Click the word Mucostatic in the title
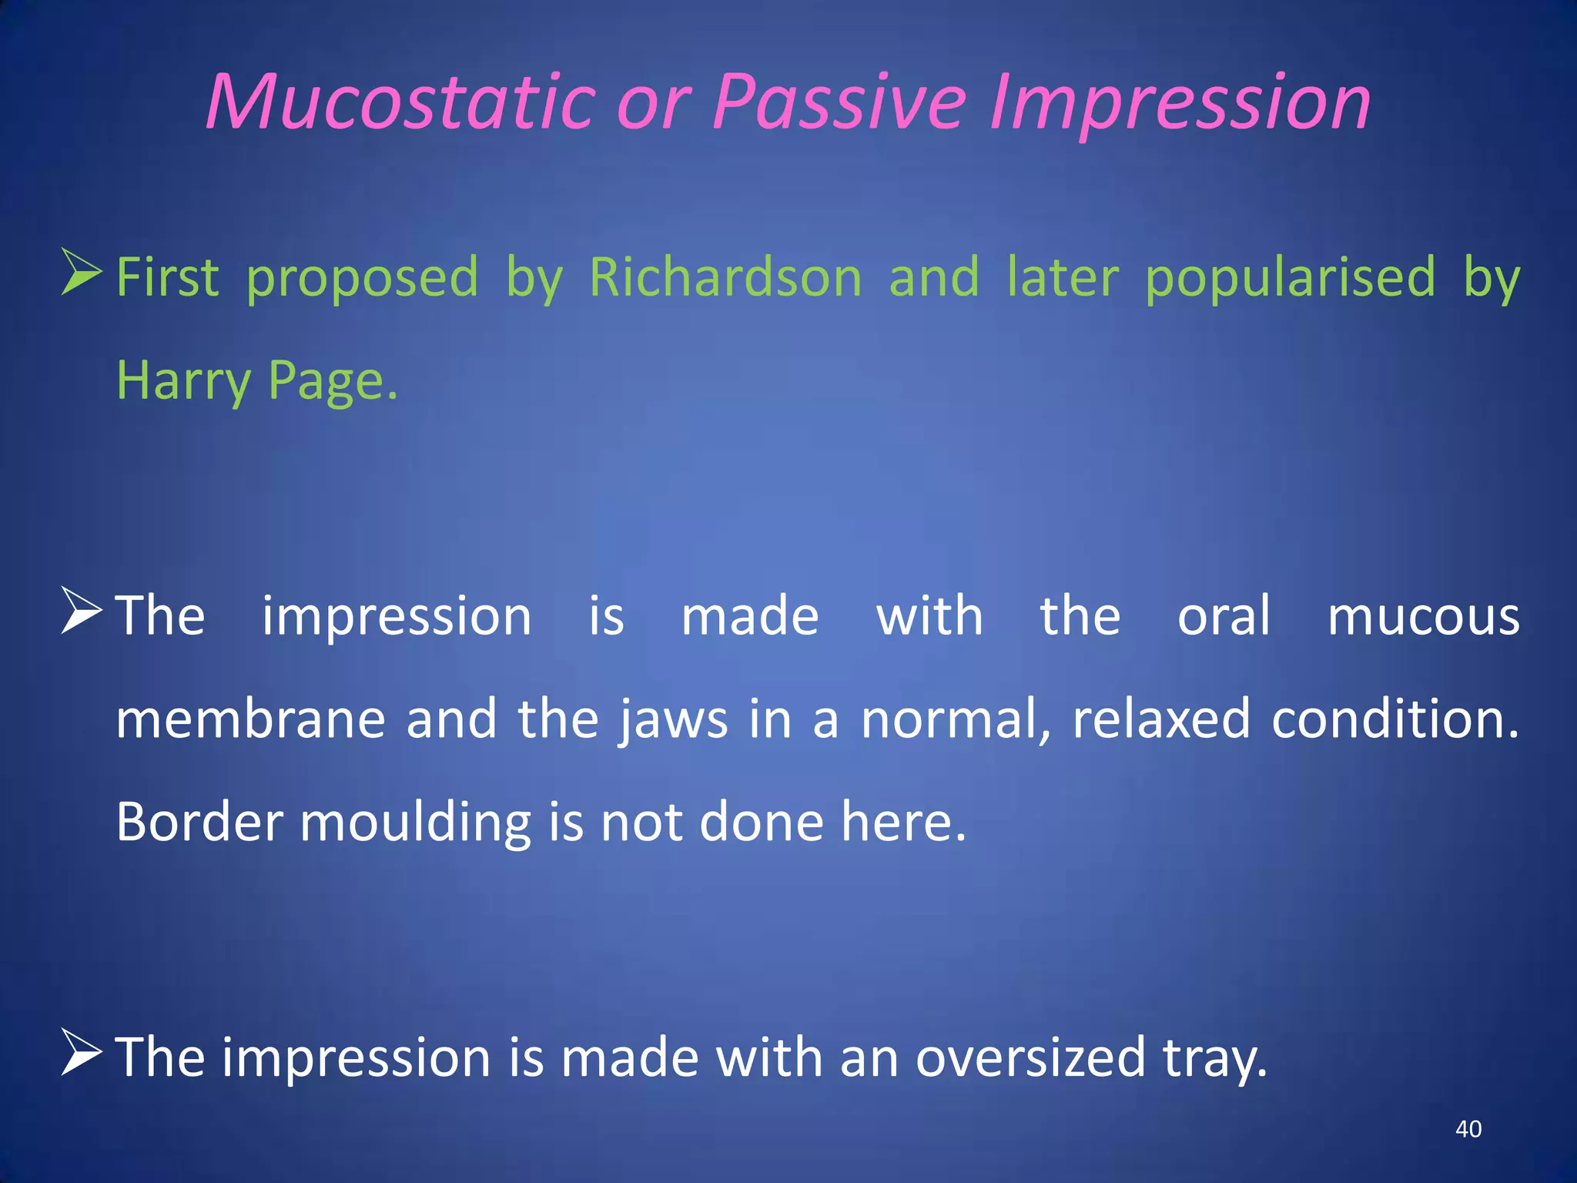click(400, 102)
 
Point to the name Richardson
click(725, 276)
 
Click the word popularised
click(1290, 276)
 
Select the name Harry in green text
click(183, 380)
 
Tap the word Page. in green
click(333, 380)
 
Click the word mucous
click(1423, 616)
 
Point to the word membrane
click(250, 719)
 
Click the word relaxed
click(1160, 719)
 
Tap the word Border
click(199, 821)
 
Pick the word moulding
click(415, 821)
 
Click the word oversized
click(1030, 1057)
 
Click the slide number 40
click(1468, 1129)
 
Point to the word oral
click(1224, 616)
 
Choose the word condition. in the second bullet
click(1395, 719)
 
